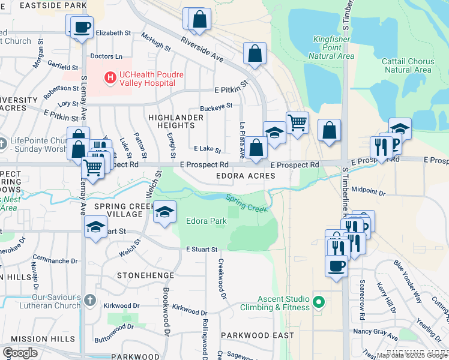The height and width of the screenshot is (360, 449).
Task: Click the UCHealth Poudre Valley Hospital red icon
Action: click(110, 77)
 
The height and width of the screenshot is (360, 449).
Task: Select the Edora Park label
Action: click(206, 221)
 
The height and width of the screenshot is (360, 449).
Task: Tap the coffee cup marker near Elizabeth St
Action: click(82, 26)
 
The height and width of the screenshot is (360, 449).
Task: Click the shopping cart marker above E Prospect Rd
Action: click(297, 123)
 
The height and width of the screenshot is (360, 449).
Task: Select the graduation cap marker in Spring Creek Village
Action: click(164, 212)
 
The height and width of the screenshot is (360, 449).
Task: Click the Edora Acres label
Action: click(246, 176)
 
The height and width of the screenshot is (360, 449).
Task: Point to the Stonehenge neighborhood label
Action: click(145, 275)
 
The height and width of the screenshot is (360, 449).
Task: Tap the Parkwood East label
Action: click(257, 335)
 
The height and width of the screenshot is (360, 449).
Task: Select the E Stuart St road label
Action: click(200, 249)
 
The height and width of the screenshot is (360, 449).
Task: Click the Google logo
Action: click(20, 353)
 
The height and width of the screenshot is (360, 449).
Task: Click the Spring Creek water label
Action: click(246, 204)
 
